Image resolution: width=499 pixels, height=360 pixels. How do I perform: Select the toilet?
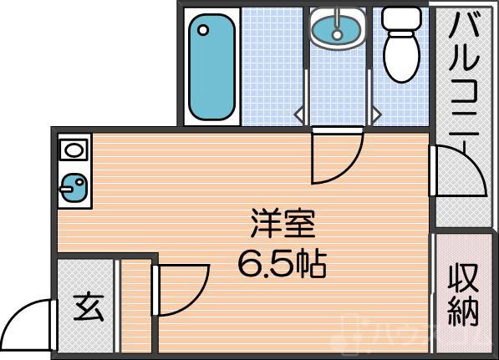pyautogui.click(x=401, y=50)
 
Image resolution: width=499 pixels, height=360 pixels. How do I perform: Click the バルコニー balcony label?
pyautogui.click(x=464, y=75)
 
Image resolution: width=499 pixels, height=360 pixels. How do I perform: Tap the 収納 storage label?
pyautogui.click(x=462, y=293)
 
